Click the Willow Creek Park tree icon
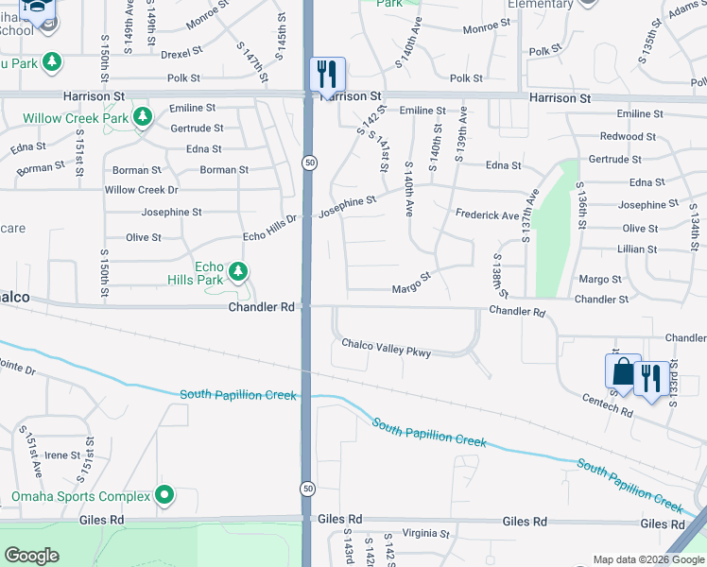click(143, 118)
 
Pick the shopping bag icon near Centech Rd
click(623, 371)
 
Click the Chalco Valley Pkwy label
click(386, 348)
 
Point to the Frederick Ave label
click(487, 215)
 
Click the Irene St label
click(62, 455)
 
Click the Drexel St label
click(180, 56)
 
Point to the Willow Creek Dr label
click(141, 190)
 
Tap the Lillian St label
click(638, 249)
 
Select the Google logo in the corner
click(31, 556)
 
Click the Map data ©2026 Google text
click(647, 559)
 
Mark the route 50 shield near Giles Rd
click(308, 489)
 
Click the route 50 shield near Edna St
click(310, 163)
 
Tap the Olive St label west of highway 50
click(143, 237)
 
